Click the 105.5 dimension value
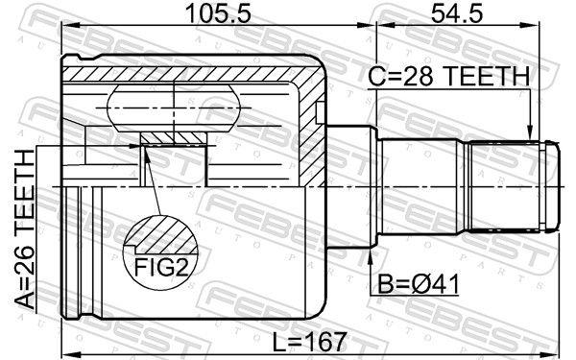[x=218, y=13]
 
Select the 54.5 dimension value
[x=457, y=13]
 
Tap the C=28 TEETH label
[x=449, y=76]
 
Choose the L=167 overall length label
[x=310, y=342]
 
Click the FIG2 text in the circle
[x=161, y=268]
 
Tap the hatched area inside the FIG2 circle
[x=165, y=234]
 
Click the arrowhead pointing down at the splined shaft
[x=529, y=133]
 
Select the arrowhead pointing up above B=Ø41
[x=371, y=258]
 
